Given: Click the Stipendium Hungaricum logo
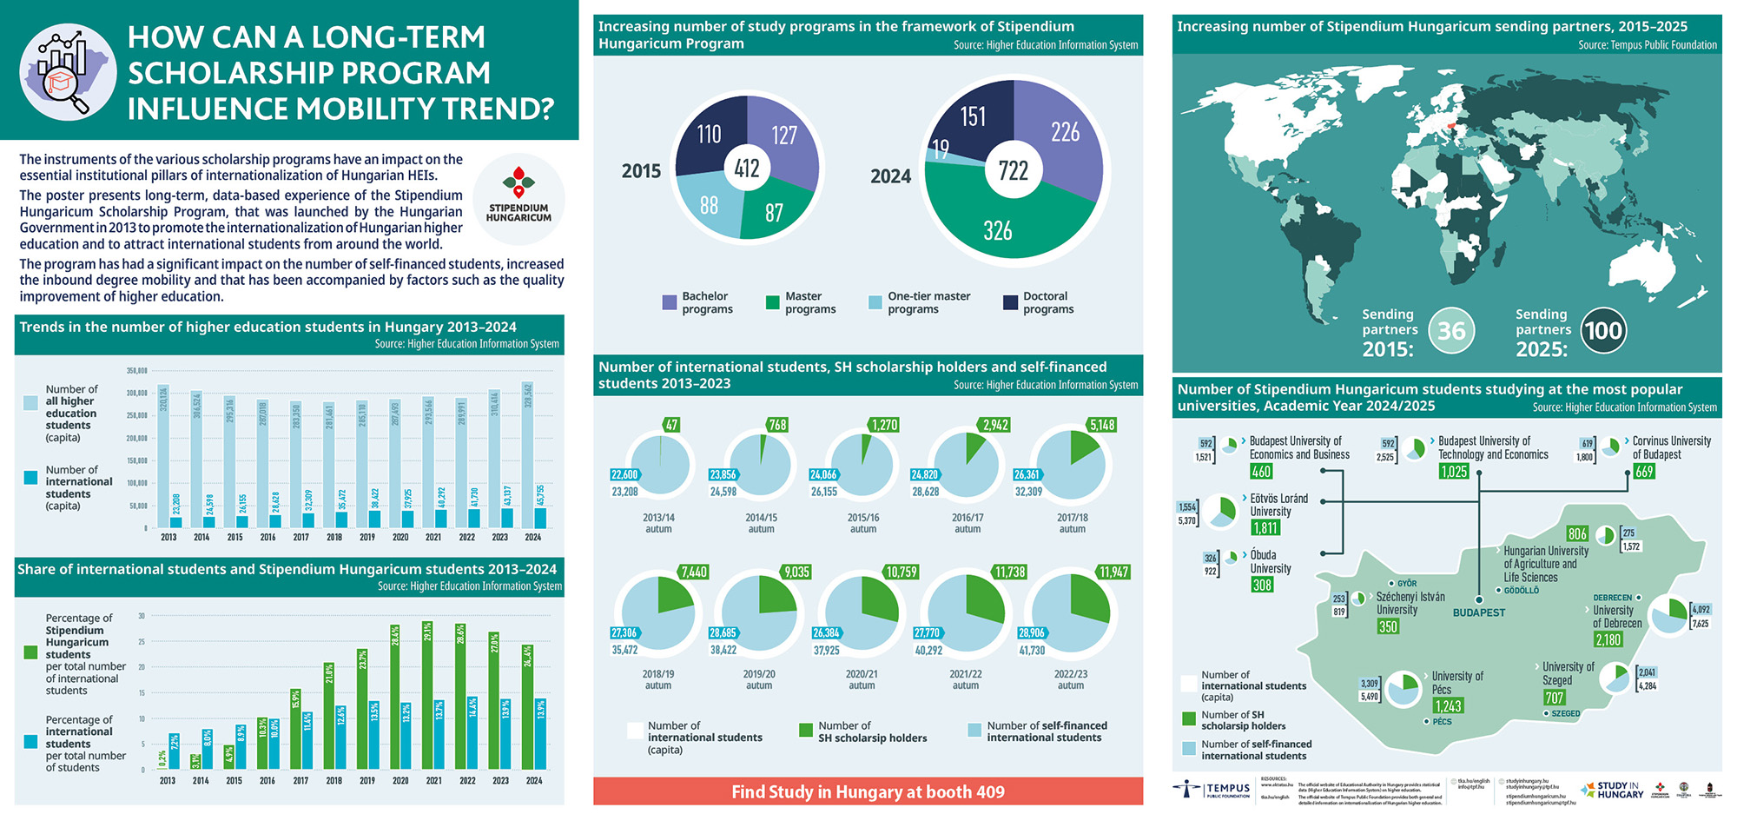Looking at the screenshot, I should tap(518, 196).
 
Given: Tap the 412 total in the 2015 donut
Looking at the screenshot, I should tap(747, 168).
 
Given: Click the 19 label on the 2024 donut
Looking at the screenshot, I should tap(940, 149).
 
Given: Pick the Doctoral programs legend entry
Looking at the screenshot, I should tap(1039, 302).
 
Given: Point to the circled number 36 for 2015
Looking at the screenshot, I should tap(1451, 330).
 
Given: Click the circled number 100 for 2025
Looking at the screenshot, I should tap(1603, 330).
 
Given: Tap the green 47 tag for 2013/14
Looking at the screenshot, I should tap(671, 425).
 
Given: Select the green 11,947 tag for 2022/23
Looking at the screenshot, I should tap(1113, 572).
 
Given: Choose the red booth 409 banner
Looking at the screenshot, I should tap(868, 791).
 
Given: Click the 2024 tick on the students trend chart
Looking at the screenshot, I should tap(533, 537).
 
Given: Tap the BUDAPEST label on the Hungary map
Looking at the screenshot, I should tap(1479, 612).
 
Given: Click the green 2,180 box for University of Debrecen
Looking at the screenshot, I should tap(1608, 639).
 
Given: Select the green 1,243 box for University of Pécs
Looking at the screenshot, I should tap(1449, 706).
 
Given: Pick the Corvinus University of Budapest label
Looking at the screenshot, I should tap(1671, 447).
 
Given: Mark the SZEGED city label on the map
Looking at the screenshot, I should tap(1566, 713).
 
